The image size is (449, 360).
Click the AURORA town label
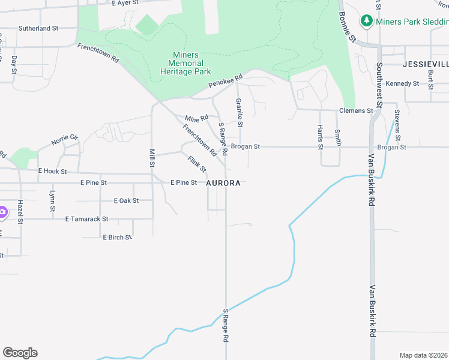tap(223, 183)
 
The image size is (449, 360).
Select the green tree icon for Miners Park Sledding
tap(366, 21)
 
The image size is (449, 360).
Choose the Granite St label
tap(239, 112)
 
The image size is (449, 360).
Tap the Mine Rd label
tap(196, 118)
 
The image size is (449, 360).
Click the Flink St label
tap(196, 164)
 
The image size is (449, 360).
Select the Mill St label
tap(152, 158)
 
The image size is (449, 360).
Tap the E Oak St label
tap(126, 200)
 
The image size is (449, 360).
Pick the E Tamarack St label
tap(86, 219)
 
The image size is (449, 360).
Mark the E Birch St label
tap(117, 238)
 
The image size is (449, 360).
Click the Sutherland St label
tap(38, 28)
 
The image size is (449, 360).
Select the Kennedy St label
tap(402, 83)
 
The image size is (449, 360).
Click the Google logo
tap(20, 353)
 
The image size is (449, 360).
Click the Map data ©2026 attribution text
tap(423, 355)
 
